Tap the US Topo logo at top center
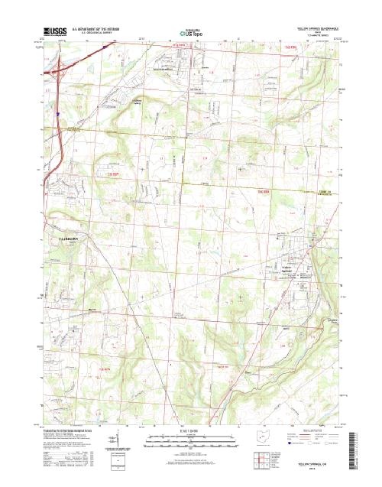190,34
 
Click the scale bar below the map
190,439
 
